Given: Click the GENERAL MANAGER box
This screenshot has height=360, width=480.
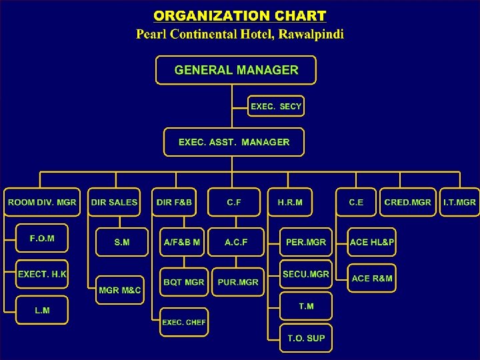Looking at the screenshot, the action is (x=236, y=70).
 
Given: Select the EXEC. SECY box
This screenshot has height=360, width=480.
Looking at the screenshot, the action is (x=276, y=107).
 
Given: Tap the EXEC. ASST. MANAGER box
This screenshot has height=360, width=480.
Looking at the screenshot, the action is (x=234, y=142).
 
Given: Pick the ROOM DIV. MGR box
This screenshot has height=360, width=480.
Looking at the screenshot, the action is (x=42, y=202).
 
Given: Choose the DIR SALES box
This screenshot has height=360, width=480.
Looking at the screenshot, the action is (x=115, y=202).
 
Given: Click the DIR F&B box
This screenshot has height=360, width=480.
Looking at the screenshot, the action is (x=174, y=202).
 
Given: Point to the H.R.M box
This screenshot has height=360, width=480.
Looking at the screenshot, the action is (x=289, y=202).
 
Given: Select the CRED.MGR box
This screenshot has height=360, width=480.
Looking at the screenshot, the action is (x=407, y=202).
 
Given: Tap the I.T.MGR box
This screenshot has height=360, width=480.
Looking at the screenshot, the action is (x=459, y=202).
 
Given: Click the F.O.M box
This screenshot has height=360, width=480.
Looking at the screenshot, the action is (x=42, y=239).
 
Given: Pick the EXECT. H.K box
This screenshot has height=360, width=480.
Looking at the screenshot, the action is (x=42, y=274).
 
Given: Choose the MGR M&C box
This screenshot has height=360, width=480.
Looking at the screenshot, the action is (x=120, y=290).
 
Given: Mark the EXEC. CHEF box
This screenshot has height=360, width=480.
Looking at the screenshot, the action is (x=184, y=322).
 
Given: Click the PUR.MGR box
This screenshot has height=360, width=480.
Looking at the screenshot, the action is (x=238, y=282).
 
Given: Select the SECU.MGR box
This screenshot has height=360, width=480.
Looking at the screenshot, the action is (x=306, y=274).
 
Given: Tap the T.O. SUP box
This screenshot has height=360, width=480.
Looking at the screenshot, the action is (x=306, y=338).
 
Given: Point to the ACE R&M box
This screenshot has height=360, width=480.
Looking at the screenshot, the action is (x=372, y=278).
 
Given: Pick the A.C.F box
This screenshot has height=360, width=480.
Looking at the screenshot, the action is (x=235, y=243).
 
